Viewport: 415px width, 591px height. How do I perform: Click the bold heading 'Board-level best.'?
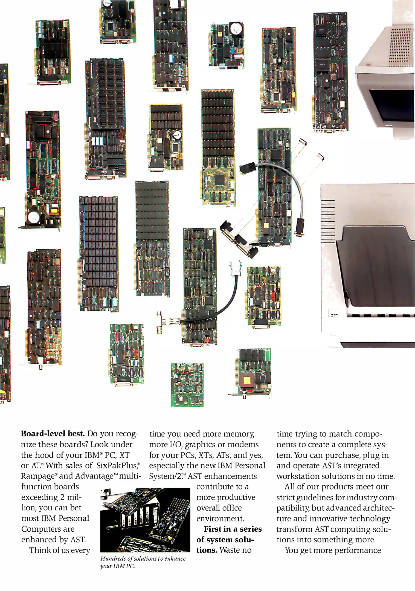pyautogui.click(x=53, y=434)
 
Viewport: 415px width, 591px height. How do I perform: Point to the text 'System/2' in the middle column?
pyautogui.click(x=165, y=476)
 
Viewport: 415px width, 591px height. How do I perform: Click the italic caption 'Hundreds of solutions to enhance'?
pyautogui.click(x=143, y=558)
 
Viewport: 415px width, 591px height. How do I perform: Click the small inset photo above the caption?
pyautogui.click(x=145, y=520)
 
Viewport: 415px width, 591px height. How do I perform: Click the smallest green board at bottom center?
pyautogui.click(x=187, y=384)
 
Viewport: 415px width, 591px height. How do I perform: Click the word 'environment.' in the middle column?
pyautogui.click(x=220, y=518)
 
